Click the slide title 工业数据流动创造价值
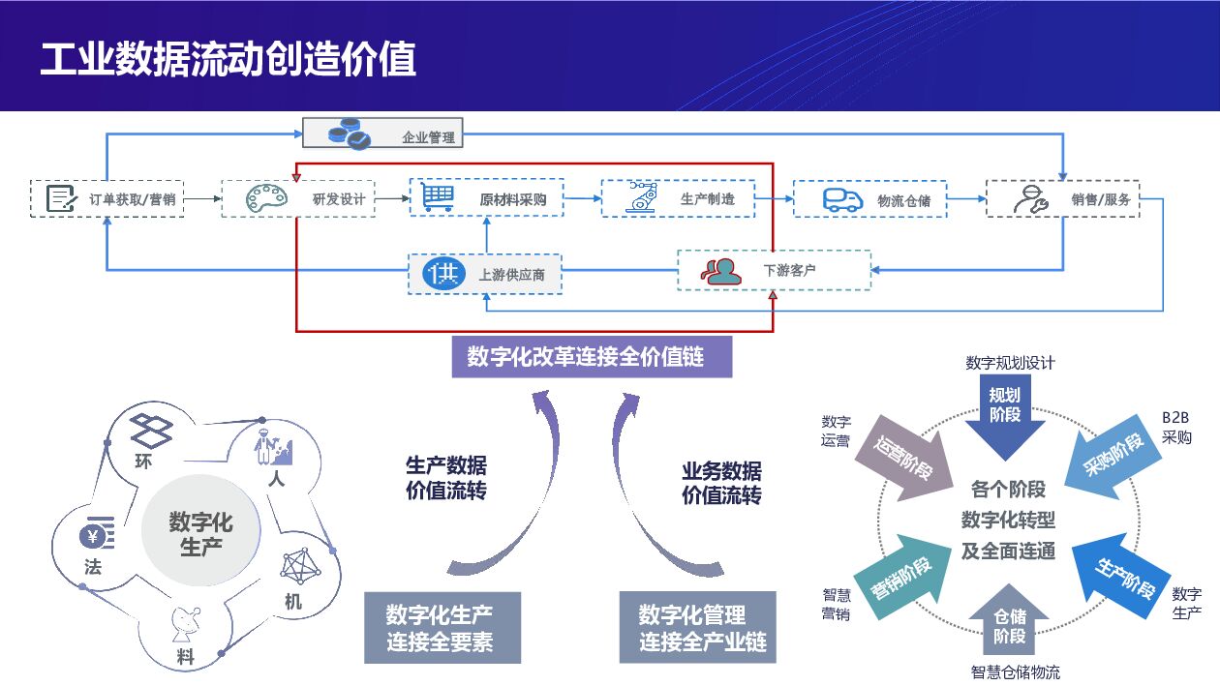click(229, 59)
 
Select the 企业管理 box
click(382, 134)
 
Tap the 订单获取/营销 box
click(107, 198)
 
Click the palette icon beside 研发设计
click(266, 198)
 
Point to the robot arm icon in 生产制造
click(642, 197)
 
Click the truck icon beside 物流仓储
click(842, 198)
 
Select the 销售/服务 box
click(1062, 198)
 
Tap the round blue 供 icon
click(445, 273)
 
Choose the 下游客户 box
click(773, 271)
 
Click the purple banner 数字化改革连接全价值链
click(592, 357)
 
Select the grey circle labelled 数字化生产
click(200, 533)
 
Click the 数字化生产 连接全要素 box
click(442, 627)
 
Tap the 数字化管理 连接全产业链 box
click(697, 627)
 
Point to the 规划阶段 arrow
click(1005, 411)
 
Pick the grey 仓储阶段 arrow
click(1009, 624)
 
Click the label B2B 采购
click(1176, 427)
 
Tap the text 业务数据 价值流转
click(721, 483)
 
